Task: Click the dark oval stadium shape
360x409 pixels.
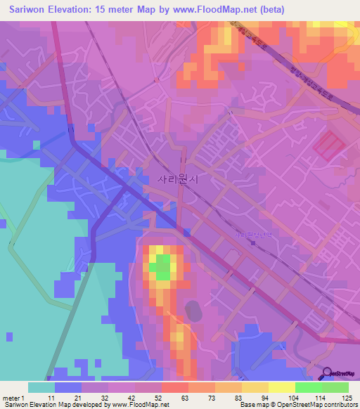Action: pyautogui.click(x=191, y=309)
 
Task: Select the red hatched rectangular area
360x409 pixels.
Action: pyautogui.click(x=329, y=145)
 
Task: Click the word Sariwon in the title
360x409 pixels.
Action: pyautogui.click(x=24, y=8)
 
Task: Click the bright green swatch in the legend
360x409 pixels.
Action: pyautogui.click(x=309, y=387)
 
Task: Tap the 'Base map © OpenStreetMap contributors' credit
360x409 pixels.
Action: pyautogui.click(x=298, y=405)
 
